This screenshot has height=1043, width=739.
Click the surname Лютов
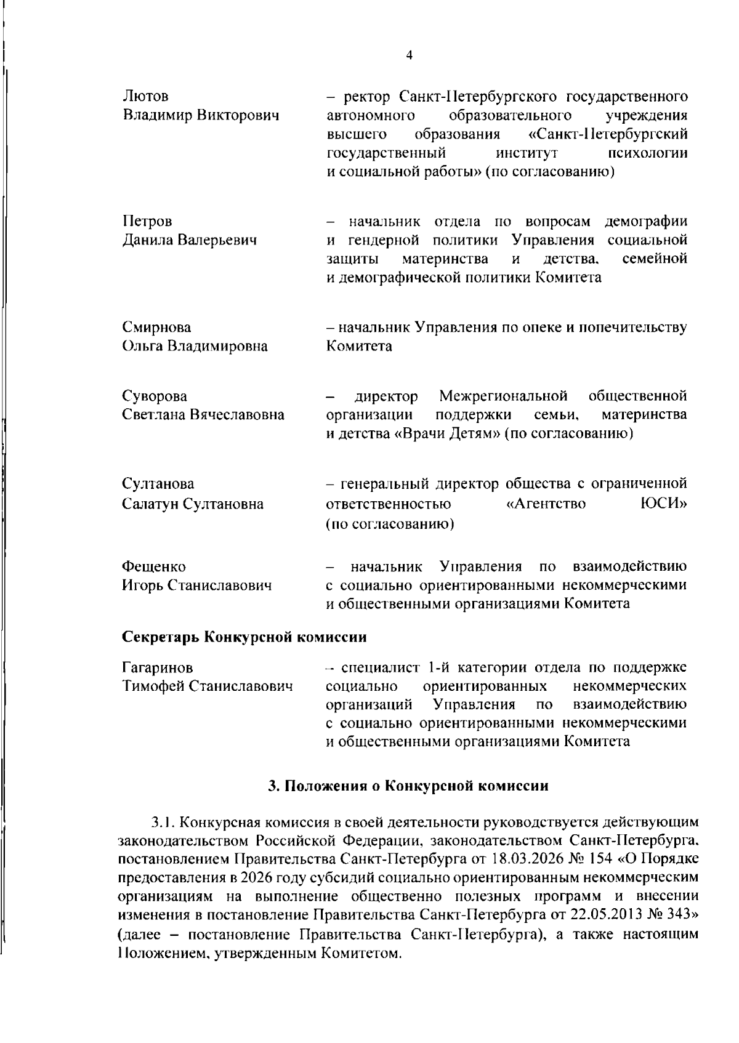[x=145, y=97]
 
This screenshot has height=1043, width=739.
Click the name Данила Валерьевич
[x=189, y=240]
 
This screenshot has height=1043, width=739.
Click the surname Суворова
[x=155, y=396]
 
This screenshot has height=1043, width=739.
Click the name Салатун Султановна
[x=193, y=504]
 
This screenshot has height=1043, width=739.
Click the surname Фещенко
[x=153, y=566]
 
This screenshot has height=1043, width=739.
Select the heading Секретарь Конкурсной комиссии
[x=244, y=636]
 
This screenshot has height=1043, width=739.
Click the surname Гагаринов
[x=157, y=667]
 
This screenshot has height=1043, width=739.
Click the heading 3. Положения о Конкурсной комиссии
[x=408, y=786]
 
